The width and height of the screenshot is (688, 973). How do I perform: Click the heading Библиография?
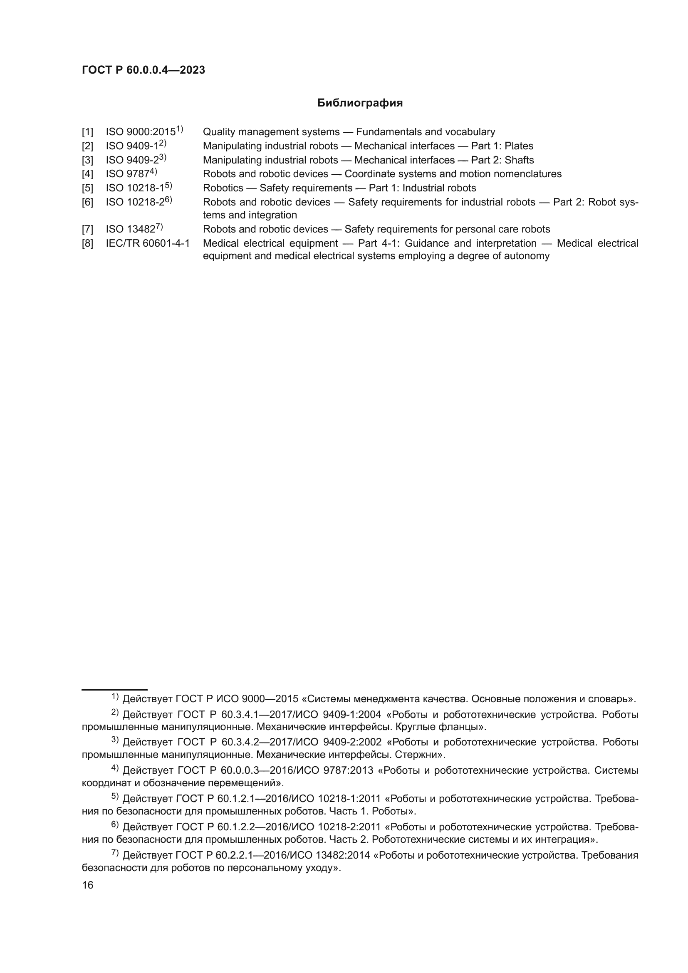360,103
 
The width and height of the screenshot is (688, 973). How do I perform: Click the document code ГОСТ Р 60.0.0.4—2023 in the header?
143,70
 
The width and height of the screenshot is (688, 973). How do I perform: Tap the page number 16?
88,885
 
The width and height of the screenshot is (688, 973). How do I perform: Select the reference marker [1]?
87,132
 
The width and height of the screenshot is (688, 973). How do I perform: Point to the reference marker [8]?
87,244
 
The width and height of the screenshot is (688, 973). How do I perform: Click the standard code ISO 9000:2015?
141,132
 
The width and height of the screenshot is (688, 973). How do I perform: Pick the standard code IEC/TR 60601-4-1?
148,244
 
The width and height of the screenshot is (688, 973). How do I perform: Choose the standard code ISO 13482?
131,230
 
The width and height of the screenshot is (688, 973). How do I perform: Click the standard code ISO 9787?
128,174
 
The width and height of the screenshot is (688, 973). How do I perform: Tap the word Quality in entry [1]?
219,132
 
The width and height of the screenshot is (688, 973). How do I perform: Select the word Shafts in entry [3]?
519,160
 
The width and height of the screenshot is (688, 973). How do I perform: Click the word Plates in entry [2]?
519,146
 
